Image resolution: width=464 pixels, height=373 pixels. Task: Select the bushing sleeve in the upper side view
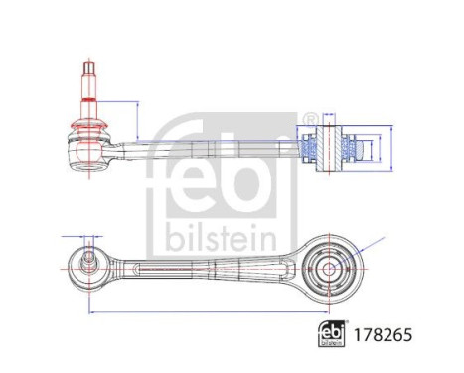point(332,149)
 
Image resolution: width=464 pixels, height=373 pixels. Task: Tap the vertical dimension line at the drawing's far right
point(393,150)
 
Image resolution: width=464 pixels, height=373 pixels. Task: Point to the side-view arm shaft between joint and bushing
point(199,148)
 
